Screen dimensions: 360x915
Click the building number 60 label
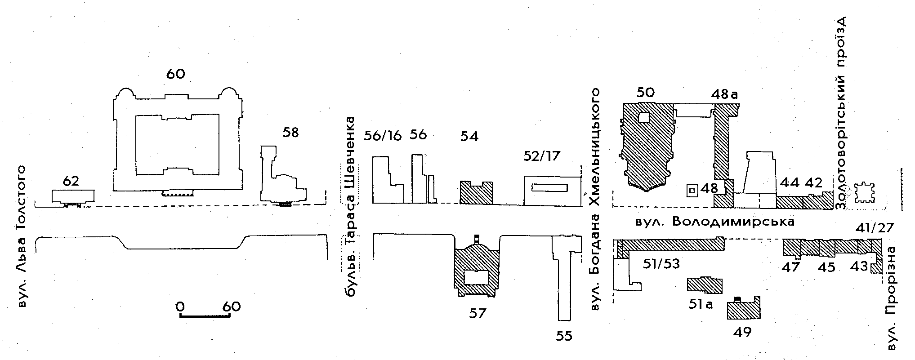(x=175, y=74)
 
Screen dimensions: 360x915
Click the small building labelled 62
(x=73, y=196)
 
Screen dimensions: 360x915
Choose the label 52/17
(x=542, y=156)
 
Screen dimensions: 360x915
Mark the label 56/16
(x=382, y=136)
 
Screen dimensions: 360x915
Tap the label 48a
(x=724, y=95)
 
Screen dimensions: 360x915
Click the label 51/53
(x=661, y=264)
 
